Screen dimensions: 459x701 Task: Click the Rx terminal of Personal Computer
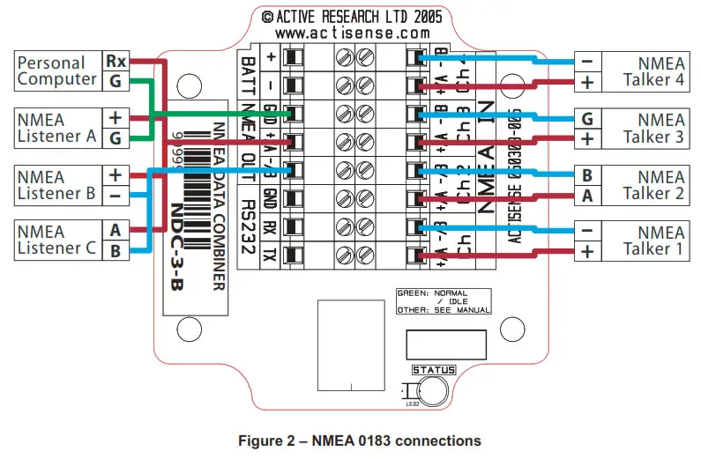pyautogui.click(x=116, y=62)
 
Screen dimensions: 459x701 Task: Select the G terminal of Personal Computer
pyautogui.click(x=116, y=81)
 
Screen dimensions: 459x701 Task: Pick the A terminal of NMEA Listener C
pyautogui.click(x=116, y=230)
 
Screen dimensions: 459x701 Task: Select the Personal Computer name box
pyautogui.click(x=58, y=71)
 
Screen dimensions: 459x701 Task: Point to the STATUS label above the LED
pyautogui.click(x=434, y=370)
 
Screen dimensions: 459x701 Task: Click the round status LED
pyautogui.click(x=432, y=391)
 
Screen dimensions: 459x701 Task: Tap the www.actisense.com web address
pyautogui.click(x=352, y=33)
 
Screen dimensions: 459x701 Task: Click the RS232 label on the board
pyautogui.click(x=248, y=231)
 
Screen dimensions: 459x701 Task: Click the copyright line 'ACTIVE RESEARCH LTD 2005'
pyautogui.click(x=352, y=16)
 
